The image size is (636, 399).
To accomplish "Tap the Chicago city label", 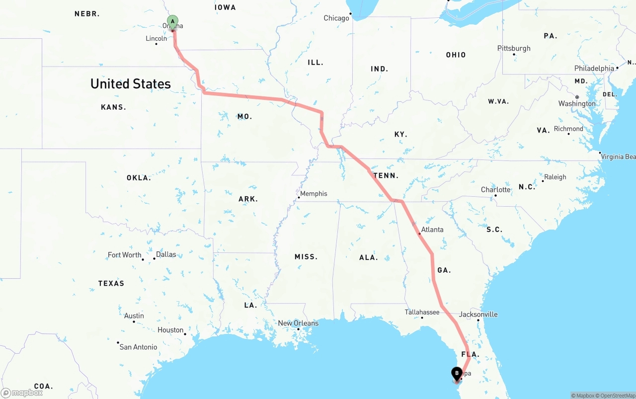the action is point(336,18).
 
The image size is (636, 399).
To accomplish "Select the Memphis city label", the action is point(314,194).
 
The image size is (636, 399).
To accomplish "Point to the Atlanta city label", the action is point(432,230).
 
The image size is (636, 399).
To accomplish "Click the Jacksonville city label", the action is point(478,315).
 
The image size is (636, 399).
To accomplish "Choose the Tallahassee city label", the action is point(422,312).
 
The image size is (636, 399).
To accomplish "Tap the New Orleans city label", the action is point(298,323).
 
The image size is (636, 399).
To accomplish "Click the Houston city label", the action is point(170,330).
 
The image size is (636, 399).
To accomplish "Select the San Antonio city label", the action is point(138,347).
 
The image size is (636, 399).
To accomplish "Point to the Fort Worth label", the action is point(124,255).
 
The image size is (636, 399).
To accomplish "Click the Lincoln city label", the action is point(157,38).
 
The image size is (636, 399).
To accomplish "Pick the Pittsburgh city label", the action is point(514,48).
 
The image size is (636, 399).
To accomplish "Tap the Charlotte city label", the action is point(495,190).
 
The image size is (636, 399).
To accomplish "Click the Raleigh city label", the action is point(555,177).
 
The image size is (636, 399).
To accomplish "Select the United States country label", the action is point(131,84).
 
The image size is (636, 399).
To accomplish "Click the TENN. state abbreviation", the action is point(386,175).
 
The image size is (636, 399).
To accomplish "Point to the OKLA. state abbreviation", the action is point(139,178).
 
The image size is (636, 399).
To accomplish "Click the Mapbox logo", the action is point(22,393).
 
